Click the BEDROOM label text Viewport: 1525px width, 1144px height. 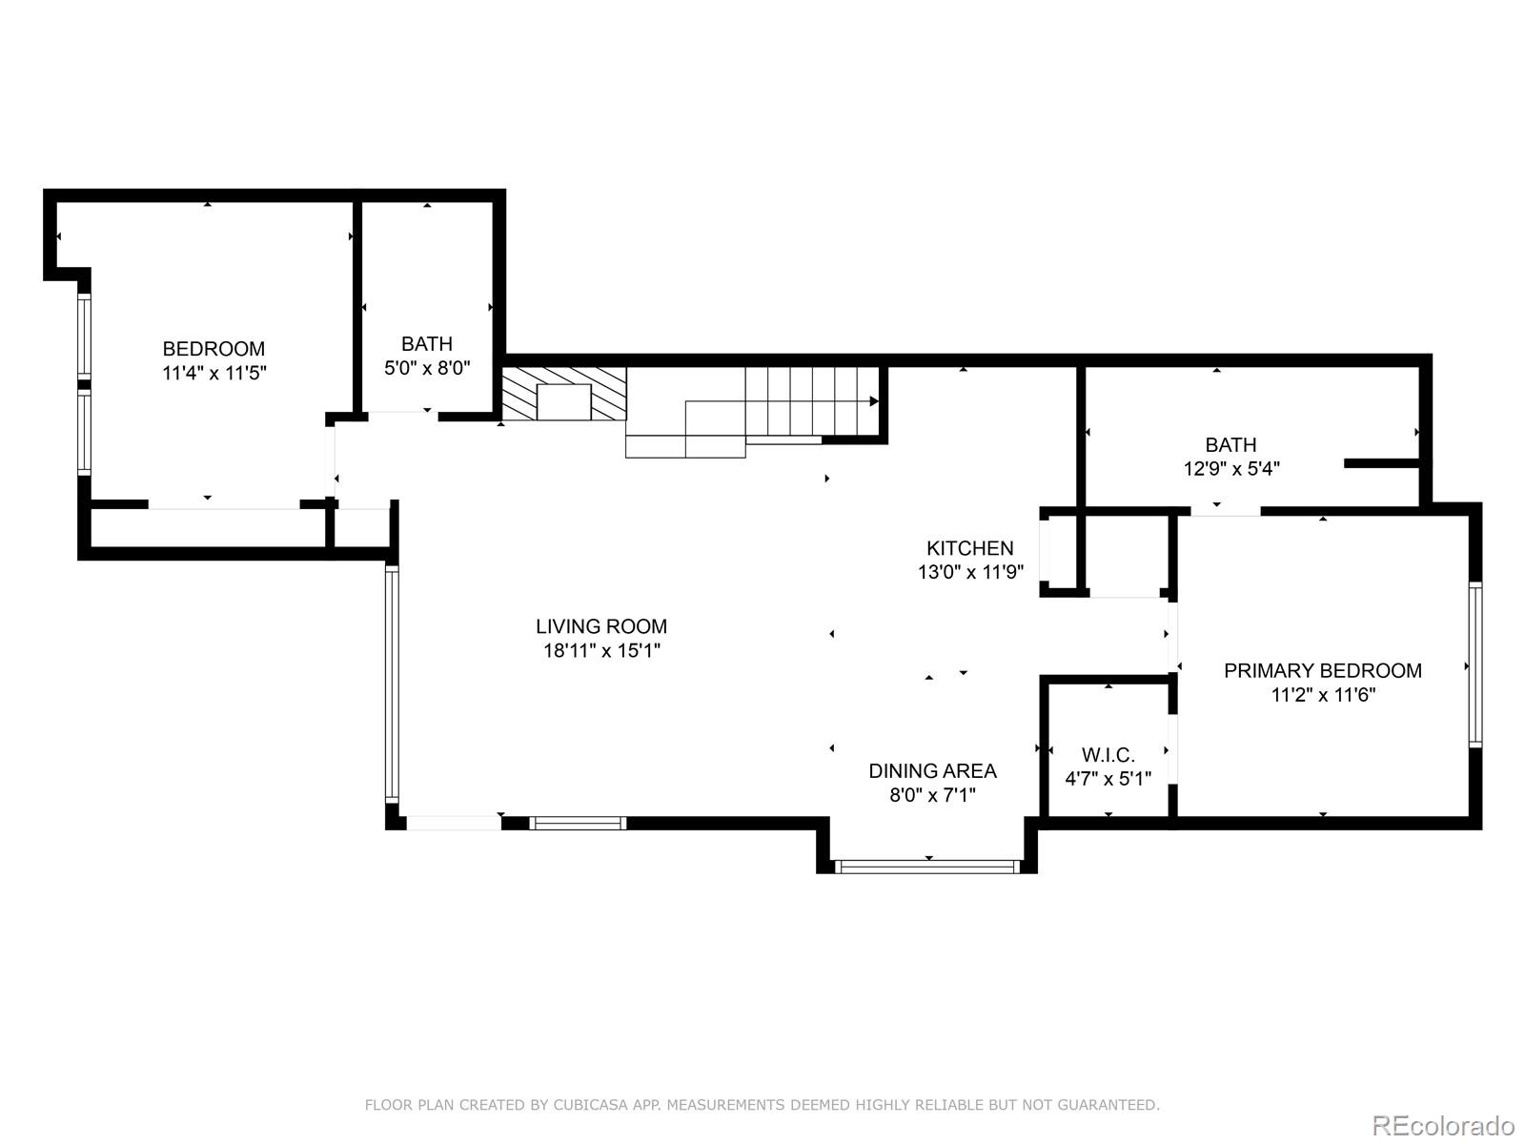pos(213,349)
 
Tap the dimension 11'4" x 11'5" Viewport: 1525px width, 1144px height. pos(213,373)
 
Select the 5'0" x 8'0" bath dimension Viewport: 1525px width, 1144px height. pos(427,368)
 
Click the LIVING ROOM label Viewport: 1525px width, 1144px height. pos(600,626)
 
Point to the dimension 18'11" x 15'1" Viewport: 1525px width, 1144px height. pos(600,651)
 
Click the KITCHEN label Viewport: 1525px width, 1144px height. pos(969,548)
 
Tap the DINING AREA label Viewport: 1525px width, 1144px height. pos(932,770)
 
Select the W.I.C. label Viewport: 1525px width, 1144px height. pos(1108,755)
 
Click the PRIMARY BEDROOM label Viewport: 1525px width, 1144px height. pos(1322,670)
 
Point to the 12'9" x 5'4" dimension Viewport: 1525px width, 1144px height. pos(1230,469)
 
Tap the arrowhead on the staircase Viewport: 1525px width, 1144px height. pos(874,401)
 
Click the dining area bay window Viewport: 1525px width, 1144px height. pos(927,867)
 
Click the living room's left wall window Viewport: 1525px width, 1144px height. pos(391,683)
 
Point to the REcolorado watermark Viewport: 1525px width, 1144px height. pos(1443,1125)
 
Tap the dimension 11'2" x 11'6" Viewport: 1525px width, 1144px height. pos(1322,695)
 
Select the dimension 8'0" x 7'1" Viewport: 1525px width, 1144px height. pos(932,795)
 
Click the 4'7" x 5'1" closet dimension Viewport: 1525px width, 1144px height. pos(1108,779)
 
